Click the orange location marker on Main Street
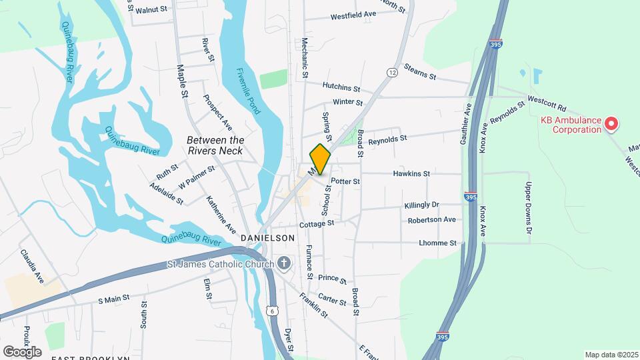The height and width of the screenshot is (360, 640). (320, 159)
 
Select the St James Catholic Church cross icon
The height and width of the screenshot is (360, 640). (284, 264)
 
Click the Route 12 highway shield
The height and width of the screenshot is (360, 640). (391, 72)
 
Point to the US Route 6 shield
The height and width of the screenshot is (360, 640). (271, 311)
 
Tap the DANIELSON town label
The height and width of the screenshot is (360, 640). (267, 238)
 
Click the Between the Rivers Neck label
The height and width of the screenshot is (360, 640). (215, 145)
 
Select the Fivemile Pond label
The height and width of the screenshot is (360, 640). (246, 91)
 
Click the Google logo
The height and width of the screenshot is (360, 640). (22, 351)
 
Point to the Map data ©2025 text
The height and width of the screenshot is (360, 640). (611, 355)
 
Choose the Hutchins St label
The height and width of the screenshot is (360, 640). (341, 87)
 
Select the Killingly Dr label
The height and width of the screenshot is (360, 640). (422, 205)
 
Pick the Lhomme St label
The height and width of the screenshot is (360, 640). (437, 243)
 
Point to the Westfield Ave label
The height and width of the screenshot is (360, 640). (353, 14)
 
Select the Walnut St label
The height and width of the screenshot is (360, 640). (151, 11)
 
